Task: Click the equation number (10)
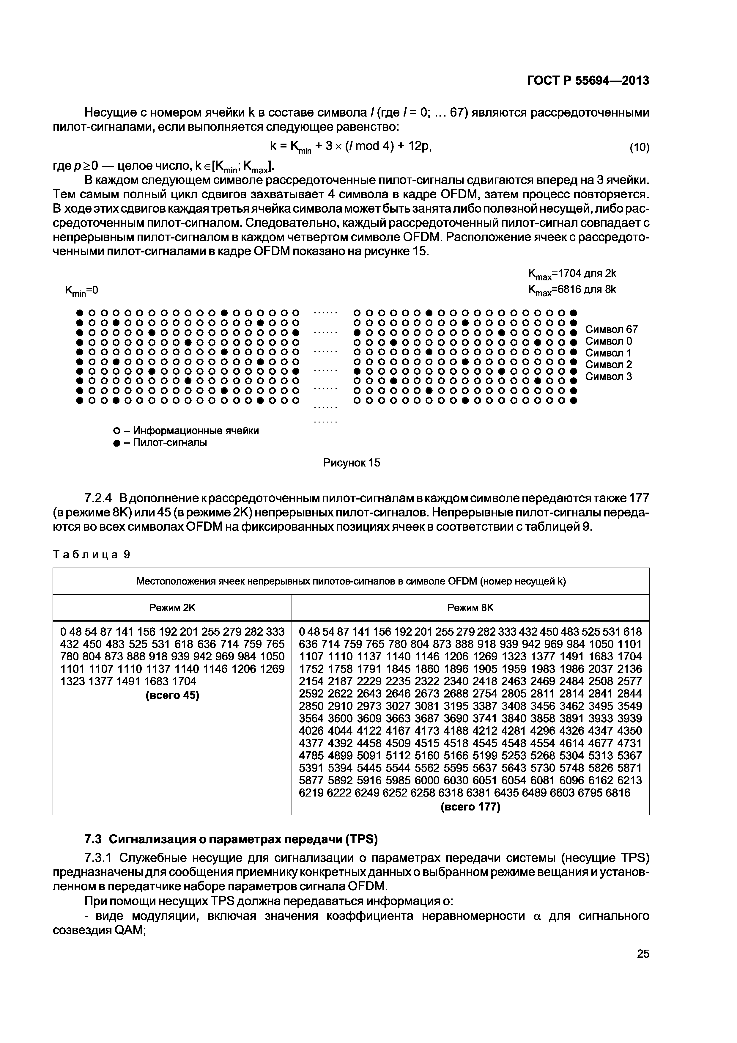(x=639, y=147)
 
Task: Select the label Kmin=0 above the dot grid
(x=82, y=291)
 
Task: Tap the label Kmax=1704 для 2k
(x=572, y=274)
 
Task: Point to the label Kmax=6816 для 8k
(x=572, y=290)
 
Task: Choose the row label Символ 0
(x=609, y=341)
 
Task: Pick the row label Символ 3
(x=609, y=377)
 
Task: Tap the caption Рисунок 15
(x=352, y=463)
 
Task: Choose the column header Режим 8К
(x=470, y=608)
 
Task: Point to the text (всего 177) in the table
(x=470, y=807)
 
